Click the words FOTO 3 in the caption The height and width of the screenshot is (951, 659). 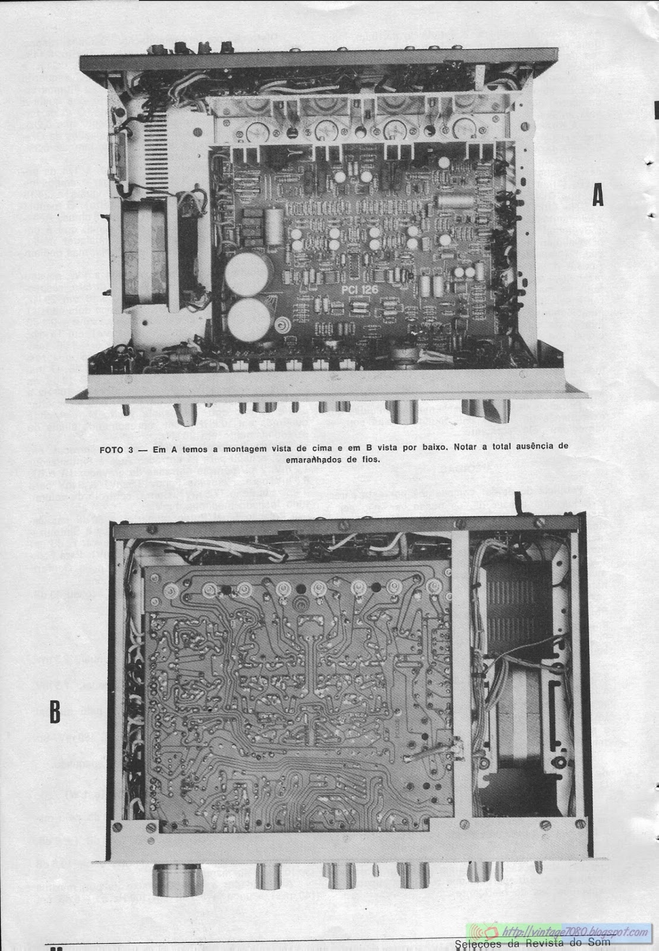coord(115,449)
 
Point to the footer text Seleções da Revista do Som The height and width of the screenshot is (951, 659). coord(532,944)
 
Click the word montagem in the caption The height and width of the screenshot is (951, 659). coord(238,449)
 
